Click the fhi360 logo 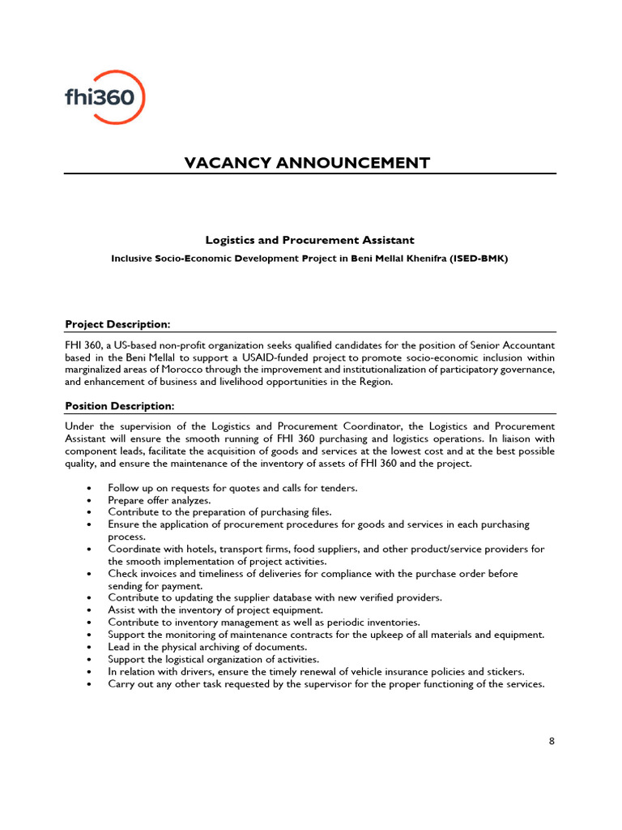click(x=105, y=96)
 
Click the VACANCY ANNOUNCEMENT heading click(x=307, y=163)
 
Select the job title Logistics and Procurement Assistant click(x=309, y=240)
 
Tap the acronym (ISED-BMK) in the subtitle click(x=479, y=259)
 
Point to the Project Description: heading click(x=117, y=324)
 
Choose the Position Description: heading click(x=119, y=405)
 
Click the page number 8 click(x=552, y=741)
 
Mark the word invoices click(x=160, y=573)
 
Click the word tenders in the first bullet click(x=338, y=488)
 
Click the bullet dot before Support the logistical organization click(x=88, y=659)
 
